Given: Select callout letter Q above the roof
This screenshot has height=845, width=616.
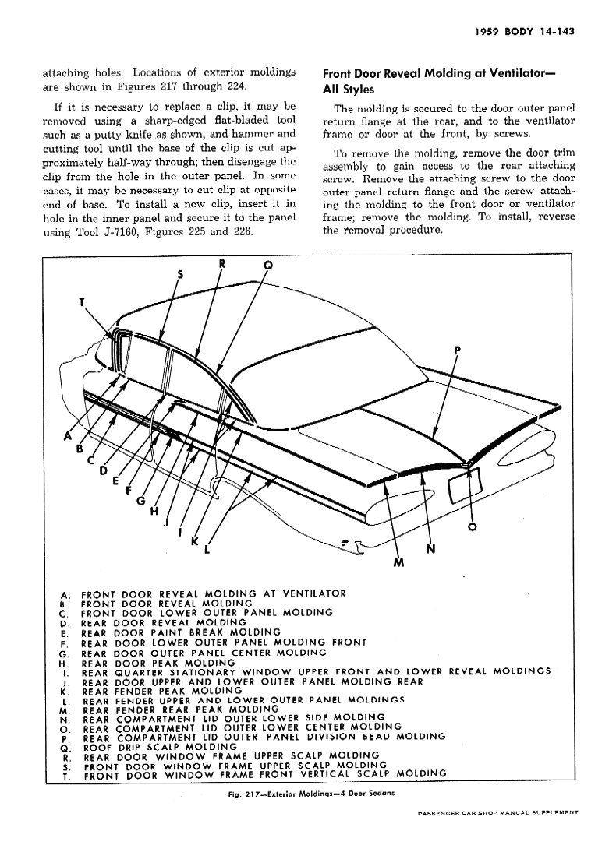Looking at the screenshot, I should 268,266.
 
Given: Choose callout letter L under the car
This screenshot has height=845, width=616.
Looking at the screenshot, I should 207,550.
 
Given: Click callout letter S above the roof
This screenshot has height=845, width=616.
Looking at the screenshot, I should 182,274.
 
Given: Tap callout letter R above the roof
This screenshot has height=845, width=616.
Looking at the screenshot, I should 221,264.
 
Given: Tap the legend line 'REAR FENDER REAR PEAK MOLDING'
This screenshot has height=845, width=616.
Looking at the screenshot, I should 180,709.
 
